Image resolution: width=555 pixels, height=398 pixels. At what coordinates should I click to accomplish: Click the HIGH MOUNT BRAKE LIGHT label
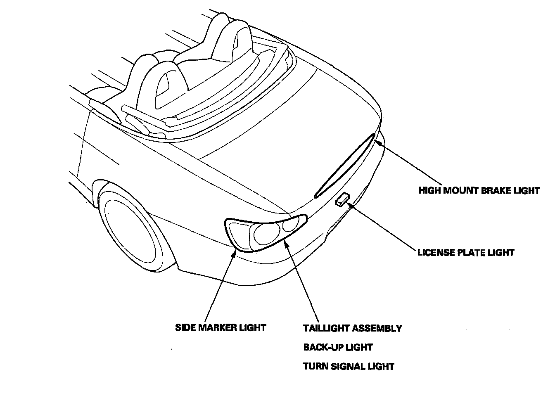point(479,190)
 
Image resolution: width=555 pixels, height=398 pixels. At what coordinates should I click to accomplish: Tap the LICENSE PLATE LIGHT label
point(466,252)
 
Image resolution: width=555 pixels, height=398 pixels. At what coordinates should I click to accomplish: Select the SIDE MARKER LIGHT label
point(221,328)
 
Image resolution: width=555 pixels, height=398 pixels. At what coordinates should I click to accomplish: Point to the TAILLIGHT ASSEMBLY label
point(352,329)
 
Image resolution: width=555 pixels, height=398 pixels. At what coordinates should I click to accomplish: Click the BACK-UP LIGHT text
point(338,347)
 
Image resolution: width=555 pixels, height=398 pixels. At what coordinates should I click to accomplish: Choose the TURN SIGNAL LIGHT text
point(349,366)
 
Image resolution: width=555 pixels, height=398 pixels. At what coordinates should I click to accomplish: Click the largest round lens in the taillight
point(264,234)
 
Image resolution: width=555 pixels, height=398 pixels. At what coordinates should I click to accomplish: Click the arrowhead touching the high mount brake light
point(376,142)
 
